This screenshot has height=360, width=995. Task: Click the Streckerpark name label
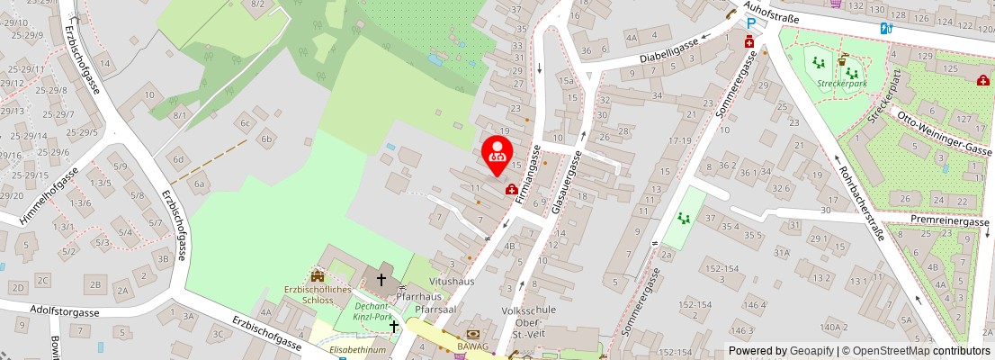pyautogui.click(x=841, y=83)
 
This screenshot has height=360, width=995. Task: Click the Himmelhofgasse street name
pyautogui.click(x=40, y=194)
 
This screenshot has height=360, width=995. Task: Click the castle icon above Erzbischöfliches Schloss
pyautogui.click(x=317, y=274)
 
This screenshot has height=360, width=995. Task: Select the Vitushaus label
pyautogui.click(x=452, y=282)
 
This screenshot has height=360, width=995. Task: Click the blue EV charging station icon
pyautogui.click(x=886, y=28)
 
